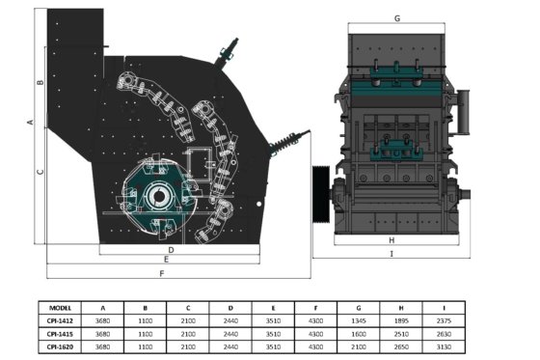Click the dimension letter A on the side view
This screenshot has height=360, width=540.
(x=31, y=122)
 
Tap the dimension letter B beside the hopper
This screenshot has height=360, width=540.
(x=40, y=82)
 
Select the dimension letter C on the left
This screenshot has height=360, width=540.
(x=40, y=172)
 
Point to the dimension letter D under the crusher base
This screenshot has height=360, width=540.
(x=172, y=250)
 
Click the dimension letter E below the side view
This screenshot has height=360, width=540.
(x=166, y=260)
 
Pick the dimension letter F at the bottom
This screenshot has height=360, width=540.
(x=162, y=273)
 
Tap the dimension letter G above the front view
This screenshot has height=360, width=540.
(x=397, y=18)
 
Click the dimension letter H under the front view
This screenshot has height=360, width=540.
(x=391, y=240)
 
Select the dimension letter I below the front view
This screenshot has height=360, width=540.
(x=391, y=254)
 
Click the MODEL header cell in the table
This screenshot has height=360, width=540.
(x=60, y=308)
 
